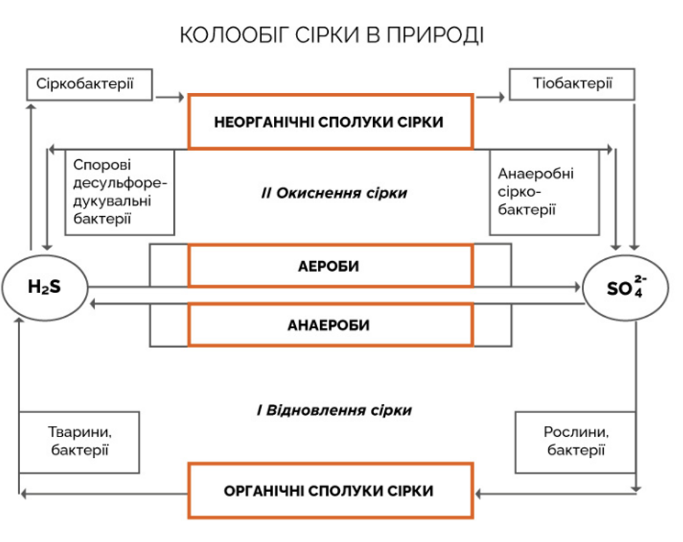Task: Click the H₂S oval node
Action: [x=44, y=287]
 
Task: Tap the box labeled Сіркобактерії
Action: [x=88, y=84]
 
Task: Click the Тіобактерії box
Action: [x=572, y=84]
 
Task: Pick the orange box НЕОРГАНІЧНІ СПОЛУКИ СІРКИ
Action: [x=330, y=121]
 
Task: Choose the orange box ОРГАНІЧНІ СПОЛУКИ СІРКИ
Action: [x=330, y=491]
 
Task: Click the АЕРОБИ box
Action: [x=330, y=267]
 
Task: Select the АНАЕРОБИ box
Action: [x=330, y=325]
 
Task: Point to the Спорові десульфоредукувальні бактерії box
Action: [x=120, y=192]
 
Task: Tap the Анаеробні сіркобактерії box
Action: [x=544, y=192]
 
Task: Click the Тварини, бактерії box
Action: [x=79, y=441]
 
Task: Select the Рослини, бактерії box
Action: [x=576, y=441]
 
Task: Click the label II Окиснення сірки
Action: [x=334, y=193]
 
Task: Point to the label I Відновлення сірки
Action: [x=334, y=410]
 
